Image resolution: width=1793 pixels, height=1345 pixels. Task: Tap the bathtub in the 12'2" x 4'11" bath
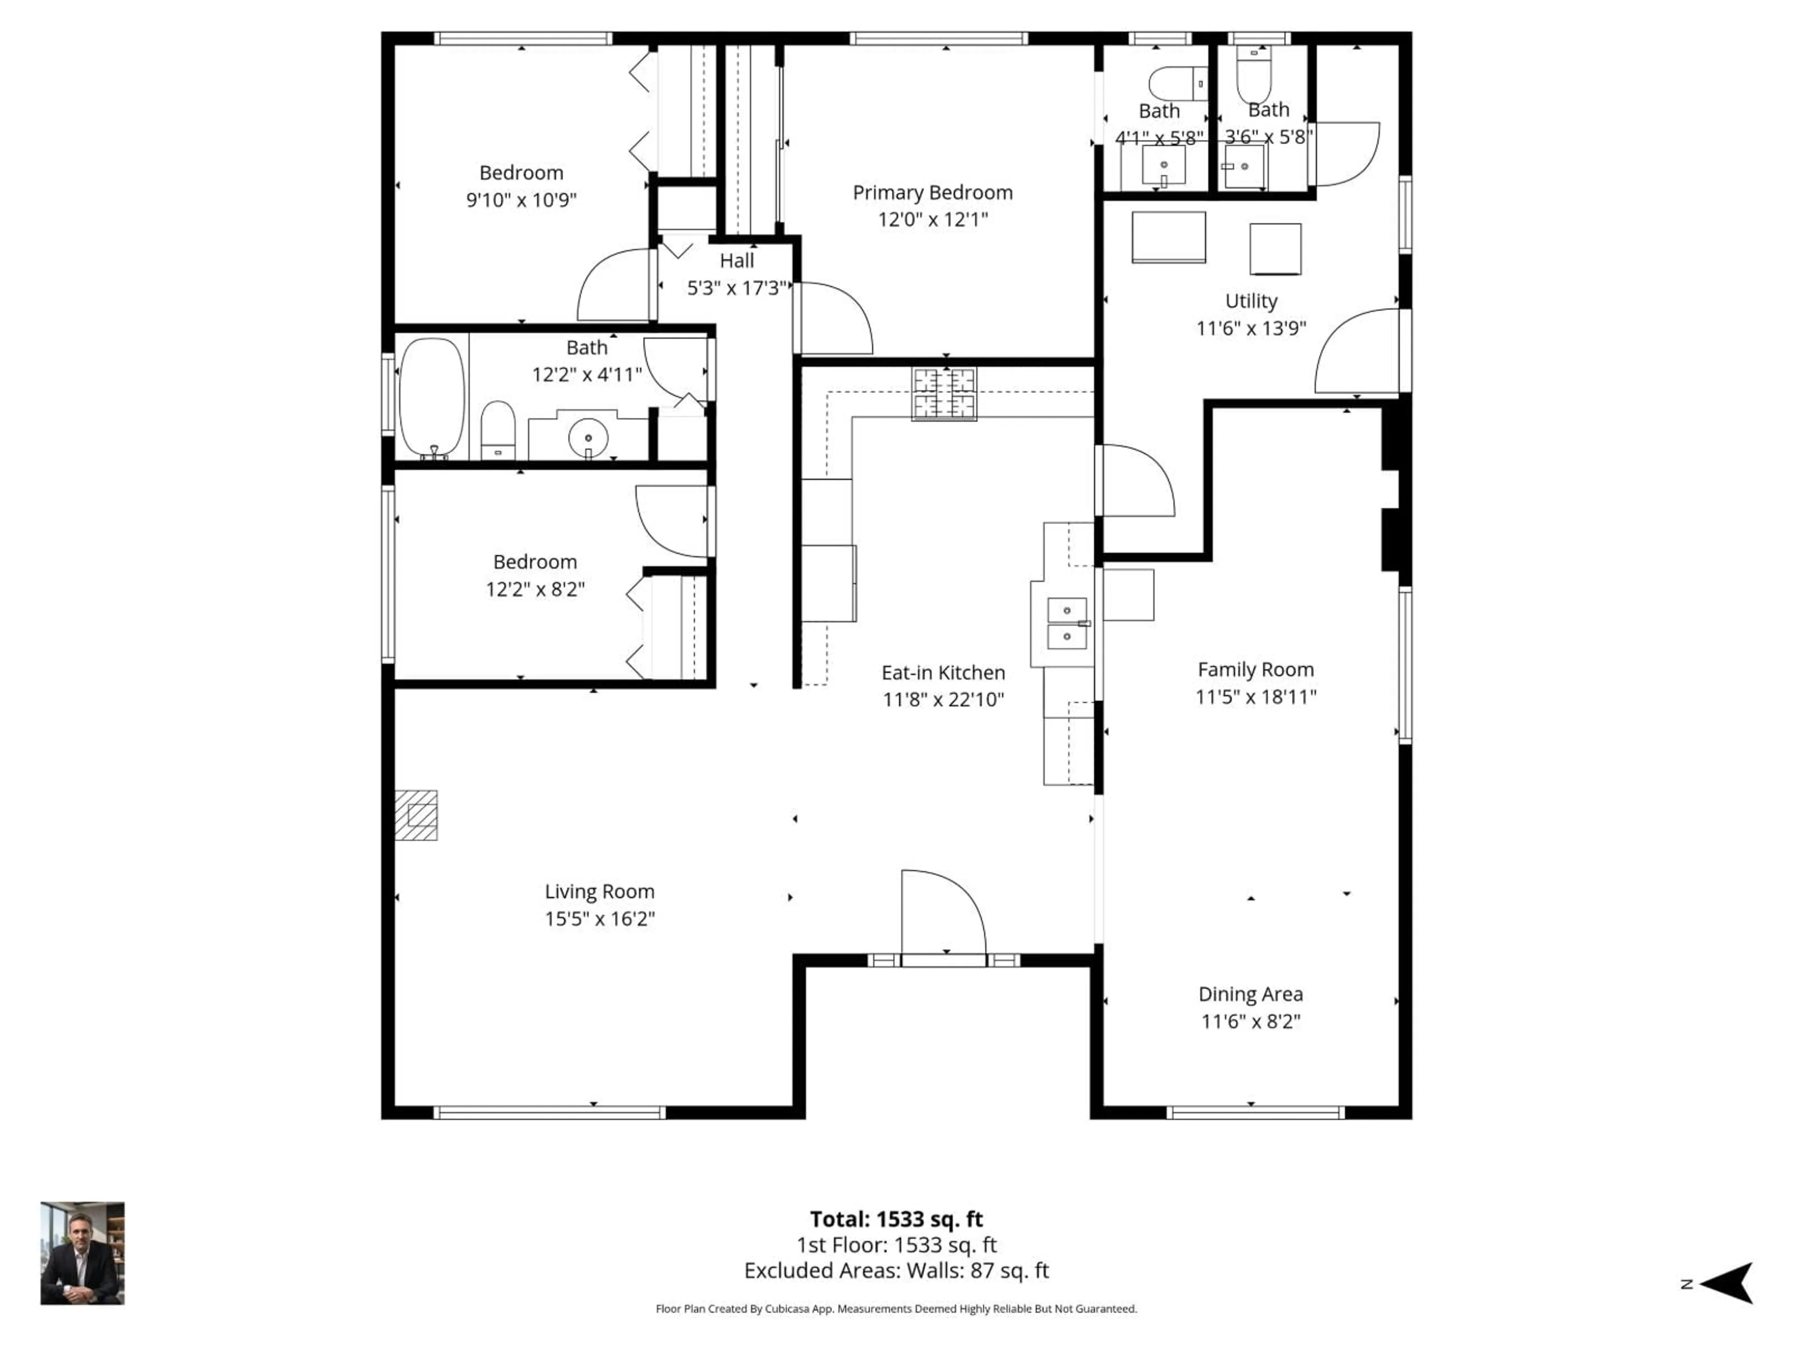(x=433, y=397)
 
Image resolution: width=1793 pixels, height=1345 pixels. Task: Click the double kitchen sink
(x=1067, y=623)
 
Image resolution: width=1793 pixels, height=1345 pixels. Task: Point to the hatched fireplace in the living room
(x=416, y=815)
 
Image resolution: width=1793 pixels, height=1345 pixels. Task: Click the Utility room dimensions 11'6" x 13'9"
(x=1251, y=328)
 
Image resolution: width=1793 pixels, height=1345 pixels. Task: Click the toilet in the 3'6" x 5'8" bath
(x=1254, y=75)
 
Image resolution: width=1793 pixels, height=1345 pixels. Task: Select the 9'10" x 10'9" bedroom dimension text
(x=521, y=199)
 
